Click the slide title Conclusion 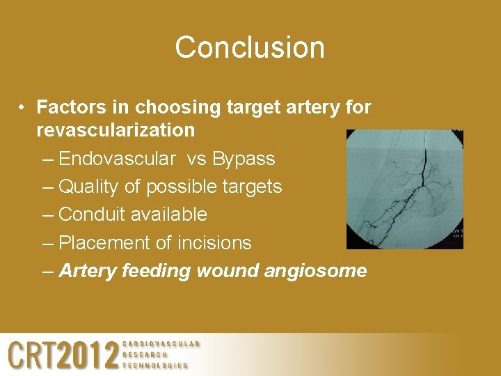click(250, 47)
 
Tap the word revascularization click(116, 130)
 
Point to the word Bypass click(243, 159)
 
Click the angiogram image click(404, 189)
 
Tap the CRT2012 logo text click(63, 355)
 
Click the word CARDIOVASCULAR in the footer click(161, 344)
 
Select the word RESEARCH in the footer click(145, 354)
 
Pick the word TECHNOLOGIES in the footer click(154, 365)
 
